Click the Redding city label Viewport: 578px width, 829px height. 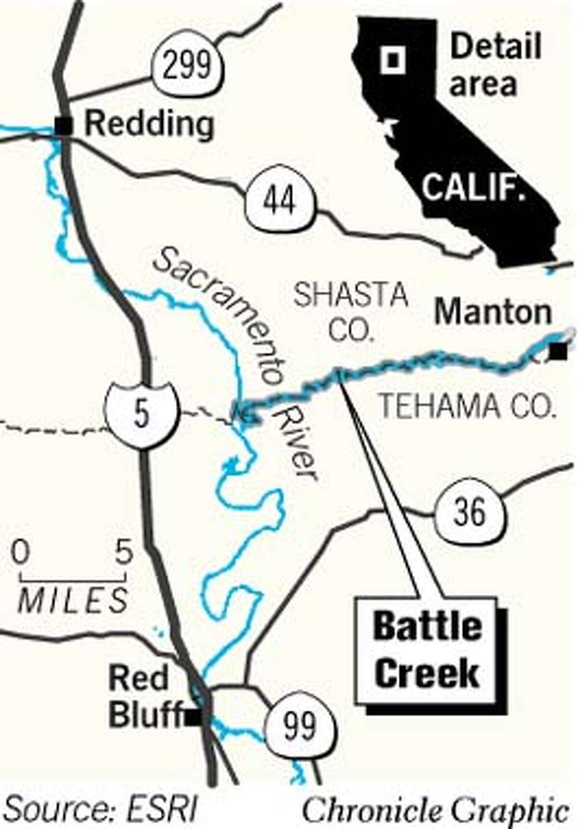(149, 125)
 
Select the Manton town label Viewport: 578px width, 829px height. (494, 313)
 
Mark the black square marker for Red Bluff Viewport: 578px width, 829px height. (194, 719)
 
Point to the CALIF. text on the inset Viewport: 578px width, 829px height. (473, 187)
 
